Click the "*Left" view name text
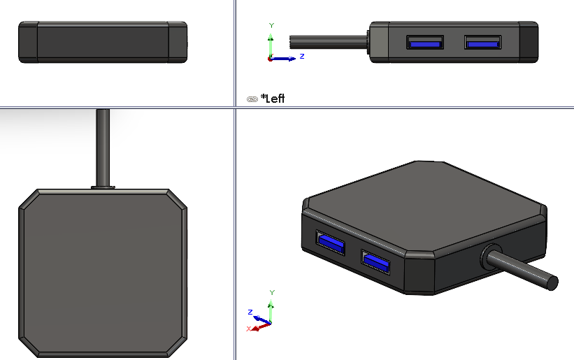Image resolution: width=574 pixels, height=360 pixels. click(273, 99)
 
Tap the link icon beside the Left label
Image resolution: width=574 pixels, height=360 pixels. click(252, 99)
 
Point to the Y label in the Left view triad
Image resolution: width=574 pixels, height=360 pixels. click(271, 25)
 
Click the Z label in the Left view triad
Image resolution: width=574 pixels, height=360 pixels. click(302, 56)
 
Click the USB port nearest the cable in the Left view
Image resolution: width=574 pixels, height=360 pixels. click(425, 43)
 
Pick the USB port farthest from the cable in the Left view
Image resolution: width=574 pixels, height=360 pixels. click(483, 43)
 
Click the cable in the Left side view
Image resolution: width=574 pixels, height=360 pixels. click(329, 42)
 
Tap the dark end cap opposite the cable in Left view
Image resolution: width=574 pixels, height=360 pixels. click(529, 42)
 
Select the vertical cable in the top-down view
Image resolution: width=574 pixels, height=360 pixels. click(103, 147)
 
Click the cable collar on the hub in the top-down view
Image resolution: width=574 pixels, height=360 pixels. click(103, 187)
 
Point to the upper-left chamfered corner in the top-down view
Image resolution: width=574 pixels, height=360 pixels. click(28, 199)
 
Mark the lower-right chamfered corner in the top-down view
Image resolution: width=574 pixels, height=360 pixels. click(178, 347)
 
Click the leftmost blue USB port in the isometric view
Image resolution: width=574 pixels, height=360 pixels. click(330, 242)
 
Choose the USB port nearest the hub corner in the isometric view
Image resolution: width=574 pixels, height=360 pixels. click(375, 262)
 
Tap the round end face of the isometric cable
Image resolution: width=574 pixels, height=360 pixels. click(552, 283)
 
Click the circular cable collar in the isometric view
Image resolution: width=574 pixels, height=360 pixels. click(490, 257)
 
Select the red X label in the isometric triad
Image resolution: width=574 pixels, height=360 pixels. click(249, 329)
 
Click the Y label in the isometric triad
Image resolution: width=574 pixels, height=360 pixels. click(272, 292)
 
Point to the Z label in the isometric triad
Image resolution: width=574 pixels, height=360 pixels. click(250, 312)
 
